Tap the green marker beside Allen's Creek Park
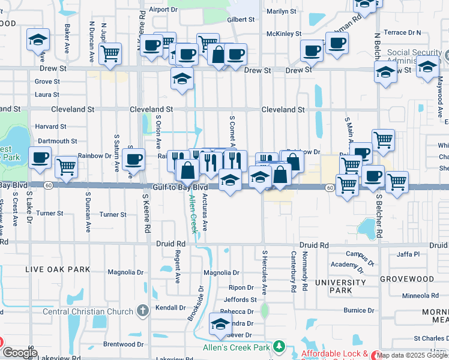(279, 347)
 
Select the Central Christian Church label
(88, 311)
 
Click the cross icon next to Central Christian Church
(142, 311)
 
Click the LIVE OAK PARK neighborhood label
(50, 270)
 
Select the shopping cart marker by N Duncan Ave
(110, 53)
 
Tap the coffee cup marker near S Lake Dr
(40, 158)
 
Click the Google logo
(19, 353)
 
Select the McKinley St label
(284, 34)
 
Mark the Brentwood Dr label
(123, 344)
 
